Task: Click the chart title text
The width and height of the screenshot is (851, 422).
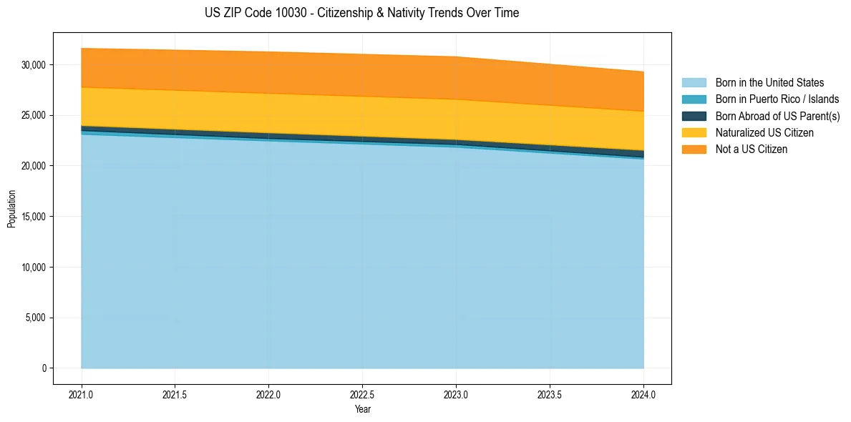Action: point(361,13)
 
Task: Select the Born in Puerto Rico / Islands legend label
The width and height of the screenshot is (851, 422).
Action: point(777,99)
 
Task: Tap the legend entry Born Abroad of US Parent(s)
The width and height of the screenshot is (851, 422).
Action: point(777,116)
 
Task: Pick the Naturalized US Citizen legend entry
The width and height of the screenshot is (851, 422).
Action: point(764,133)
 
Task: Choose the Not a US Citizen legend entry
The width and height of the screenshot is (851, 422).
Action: point(751,149)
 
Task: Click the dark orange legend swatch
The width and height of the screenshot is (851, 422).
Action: point(694,149)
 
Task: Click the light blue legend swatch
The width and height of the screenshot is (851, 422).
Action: point(694,83)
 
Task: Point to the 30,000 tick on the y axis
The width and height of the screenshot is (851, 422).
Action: point(34,65)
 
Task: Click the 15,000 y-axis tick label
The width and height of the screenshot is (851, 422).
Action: point(34,217)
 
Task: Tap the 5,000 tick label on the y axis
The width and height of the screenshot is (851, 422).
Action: point(36,318)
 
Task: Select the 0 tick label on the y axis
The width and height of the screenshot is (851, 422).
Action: point(44,368)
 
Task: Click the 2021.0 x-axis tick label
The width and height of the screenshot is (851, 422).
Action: point(81,394)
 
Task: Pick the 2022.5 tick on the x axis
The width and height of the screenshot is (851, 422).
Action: point(362,394)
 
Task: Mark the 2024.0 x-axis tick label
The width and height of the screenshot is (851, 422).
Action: point(643,394)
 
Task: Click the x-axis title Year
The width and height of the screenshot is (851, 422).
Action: point(362,409)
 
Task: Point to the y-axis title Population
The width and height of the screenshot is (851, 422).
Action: point(11,209)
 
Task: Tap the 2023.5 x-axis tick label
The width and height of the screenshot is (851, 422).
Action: point(550,394)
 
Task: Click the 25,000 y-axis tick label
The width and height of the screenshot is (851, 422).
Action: point(34,115)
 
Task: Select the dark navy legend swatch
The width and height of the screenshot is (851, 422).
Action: point(694,116)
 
